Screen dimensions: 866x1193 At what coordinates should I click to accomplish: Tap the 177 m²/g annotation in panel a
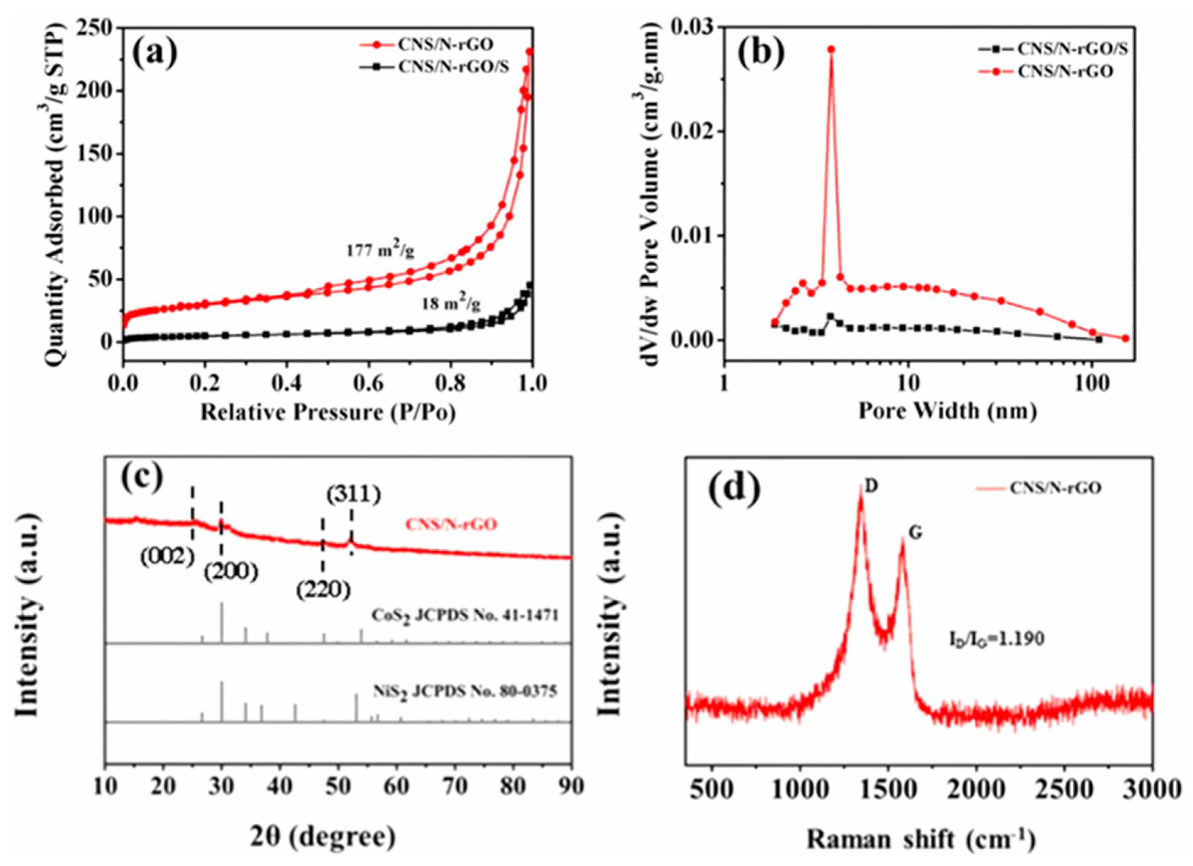[x=380, y=251]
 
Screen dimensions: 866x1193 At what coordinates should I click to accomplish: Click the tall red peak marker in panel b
[x=831, y=49]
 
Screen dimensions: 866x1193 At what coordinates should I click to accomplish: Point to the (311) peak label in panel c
[x=352, y=495]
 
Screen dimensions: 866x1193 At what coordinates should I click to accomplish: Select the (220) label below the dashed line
[x=322, y=591]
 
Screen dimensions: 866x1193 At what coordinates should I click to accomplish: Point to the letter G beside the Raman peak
[x=916, y=534]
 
